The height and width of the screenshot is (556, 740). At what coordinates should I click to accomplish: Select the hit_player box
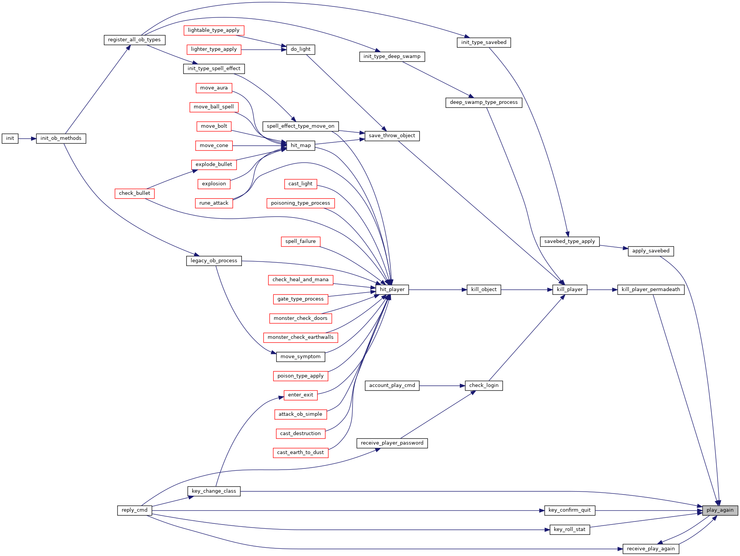392,290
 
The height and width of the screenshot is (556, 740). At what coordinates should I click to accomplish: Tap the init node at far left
10,138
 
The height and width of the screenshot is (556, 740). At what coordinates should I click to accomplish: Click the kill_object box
484,290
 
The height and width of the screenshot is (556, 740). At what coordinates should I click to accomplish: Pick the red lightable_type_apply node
214,30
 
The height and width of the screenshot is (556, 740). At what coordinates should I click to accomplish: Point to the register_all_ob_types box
135,40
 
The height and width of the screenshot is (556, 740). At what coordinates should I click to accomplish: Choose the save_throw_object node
392,136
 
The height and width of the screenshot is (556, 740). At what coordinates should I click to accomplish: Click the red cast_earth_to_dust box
301,453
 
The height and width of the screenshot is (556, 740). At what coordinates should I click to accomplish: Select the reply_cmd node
135,510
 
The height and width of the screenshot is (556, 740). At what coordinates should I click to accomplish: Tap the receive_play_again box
651,549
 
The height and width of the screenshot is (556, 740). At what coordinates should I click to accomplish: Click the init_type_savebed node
484,42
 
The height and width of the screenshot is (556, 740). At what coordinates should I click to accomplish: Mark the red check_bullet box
135,193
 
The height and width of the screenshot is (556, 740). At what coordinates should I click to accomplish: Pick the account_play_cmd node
392,385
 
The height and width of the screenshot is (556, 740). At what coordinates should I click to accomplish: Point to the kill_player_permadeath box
651,290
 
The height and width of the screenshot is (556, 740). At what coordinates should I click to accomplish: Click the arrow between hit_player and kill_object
438,290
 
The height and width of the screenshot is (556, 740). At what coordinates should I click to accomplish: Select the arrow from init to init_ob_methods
27,138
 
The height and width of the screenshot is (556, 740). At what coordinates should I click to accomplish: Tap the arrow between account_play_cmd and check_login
442,385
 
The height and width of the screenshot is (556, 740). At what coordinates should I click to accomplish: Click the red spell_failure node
301,241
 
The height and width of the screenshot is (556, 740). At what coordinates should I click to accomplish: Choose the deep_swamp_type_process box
484,102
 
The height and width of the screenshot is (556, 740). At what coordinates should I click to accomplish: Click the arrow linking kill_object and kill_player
527,290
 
